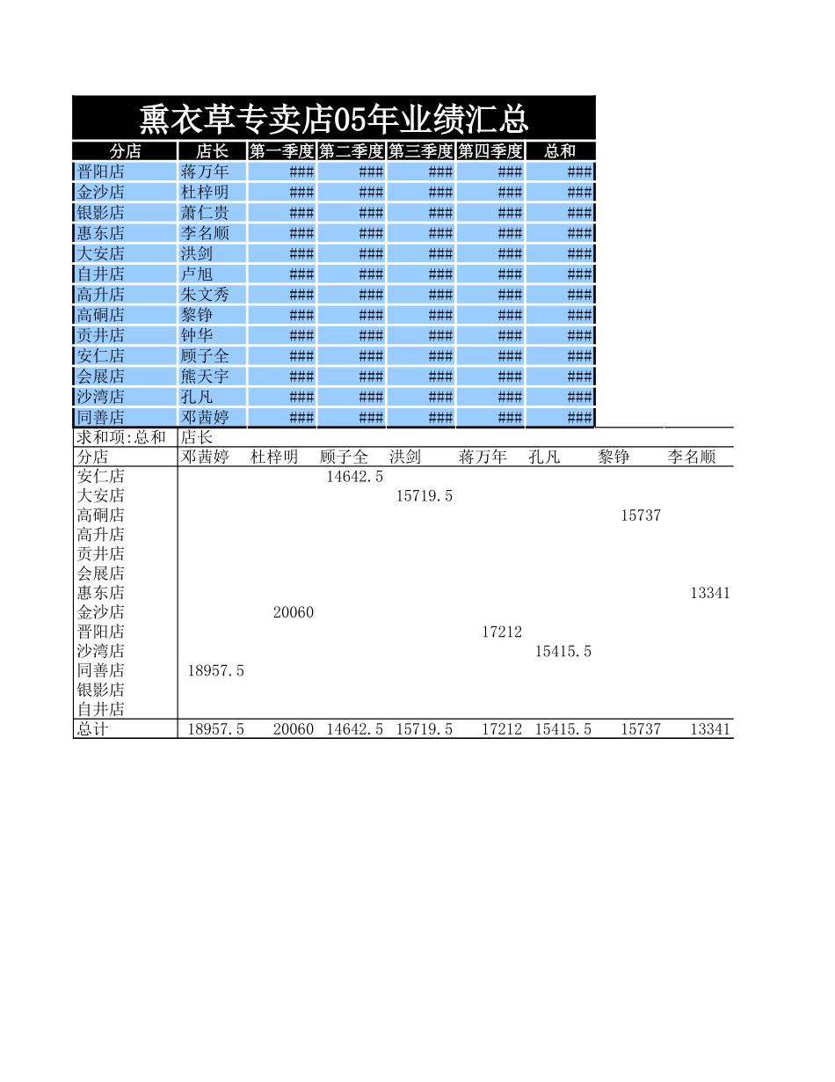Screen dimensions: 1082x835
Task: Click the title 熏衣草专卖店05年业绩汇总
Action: point(334,118)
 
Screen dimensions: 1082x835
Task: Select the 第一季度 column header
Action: point(281,151)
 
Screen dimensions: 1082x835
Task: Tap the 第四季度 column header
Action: point(490,151)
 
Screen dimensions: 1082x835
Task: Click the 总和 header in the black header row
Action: point(560,151)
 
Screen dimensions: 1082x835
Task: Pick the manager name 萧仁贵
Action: point(205,213)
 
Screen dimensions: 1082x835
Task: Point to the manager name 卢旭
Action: point(197,274)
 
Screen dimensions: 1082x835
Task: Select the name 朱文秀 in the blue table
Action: point(205,295)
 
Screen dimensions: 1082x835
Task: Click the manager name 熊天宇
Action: point(205,377)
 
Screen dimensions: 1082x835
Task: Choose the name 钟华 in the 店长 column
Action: point(197,335)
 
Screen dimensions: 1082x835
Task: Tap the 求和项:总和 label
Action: point(121,437)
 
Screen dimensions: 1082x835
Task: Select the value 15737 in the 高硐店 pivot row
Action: point(641,515)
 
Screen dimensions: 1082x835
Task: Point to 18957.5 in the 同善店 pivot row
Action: point(216,670)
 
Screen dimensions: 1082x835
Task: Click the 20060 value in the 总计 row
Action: point(294,729)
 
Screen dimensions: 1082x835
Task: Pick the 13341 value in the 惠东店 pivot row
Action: point(710,593)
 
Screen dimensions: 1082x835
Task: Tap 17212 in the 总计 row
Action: point(502,729)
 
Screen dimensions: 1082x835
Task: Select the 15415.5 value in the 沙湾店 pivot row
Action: point(563,651)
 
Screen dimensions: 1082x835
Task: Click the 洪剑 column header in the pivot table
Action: point(405,457)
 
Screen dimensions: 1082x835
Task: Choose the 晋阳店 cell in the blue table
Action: point(101,172)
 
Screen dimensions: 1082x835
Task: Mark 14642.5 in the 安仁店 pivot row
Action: point(355,477)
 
